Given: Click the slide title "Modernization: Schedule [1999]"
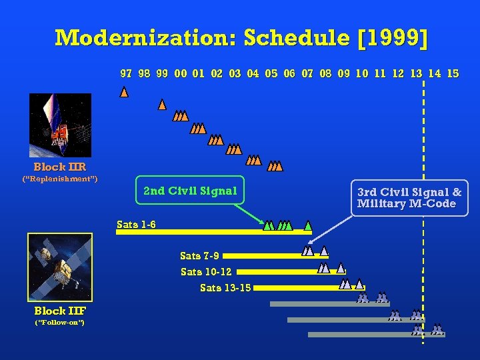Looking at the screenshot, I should click(x=241, y=37).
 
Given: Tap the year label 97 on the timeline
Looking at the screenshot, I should click(x=125, y=74).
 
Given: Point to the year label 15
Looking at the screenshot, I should click(x=453, y=74).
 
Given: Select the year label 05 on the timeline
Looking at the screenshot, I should click(x=271, y=74).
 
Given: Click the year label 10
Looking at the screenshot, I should click(x=362, y=74).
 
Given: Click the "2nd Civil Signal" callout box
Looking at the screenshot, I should click(x=190, y=191).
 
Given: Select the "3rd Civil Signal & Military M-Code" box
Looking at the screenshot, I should click(x=409, y=197).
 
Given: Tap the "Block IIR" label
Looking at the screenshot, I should click(x=60, y=167).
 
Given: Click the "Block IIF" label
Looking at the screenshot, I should click(x=60, y=311).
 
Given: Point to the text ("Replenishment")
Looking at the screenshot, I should click(x=60, y=179).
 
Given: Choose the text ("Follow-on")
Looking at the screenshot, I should click(x=59, y=323).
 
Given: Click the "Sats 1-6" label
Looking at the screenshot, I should click(x=136, y=225).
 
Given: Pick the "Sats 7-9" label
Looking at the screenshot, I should click(x=199, y=255).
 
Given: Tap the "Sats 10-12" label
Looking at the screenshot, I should click(x=206, y=271).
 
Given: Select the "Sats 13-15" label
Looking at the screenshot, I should click(x=225, y=288).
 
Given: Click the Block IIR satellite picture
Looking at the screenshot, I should click(x=60, y=125).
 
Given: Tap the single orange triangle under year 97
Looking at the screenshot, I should click(x=124, y=93).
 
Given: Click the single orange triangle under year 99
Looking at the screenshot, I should click(x=162, y=105).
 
